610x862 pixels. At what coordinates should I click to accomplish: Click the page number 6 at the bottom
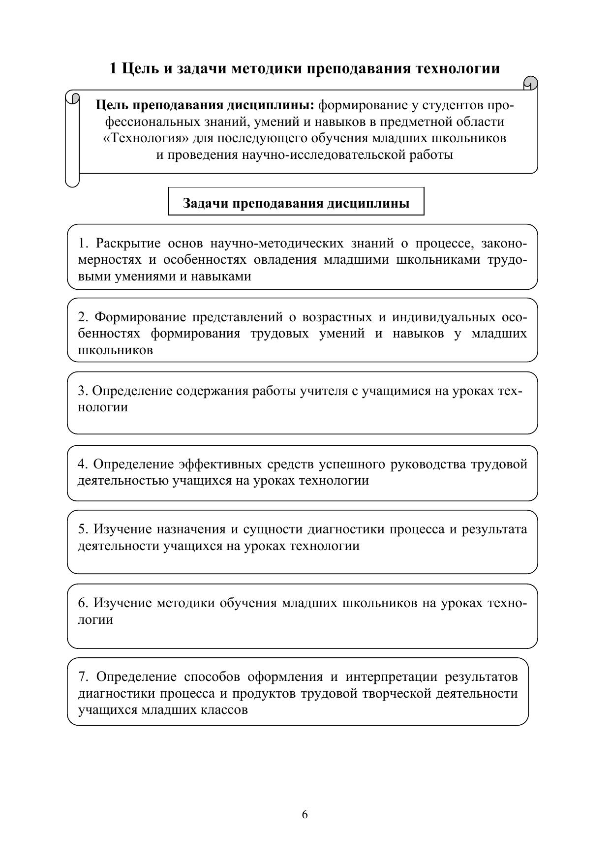(x=305, y=814)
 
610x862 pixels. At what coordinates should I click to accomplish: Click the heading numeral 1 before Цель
(x=114, y=68)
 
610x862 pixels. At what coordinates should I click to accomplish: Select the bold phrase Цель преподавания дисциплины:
(x=205, y=105)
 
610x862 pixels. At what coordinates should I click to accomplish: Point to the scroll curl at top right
(x=530, y=83)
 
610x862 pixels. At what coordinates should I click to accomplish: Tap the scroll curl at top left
(x=73, y=97)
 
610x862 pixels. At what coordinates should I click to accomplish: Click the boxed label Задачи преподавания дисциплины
(x=296, y=203)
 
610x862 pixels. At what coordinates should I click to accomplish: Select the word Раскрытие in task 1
(x=128, y=244)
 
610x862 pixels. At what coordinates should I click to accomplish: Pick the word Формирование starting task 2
(x=140, y=317)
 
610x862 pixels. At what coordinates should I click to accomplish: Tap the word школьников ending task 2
(x=115, y=350)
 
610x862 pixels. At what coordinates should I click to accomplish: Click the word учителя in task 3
(x=323, y=391)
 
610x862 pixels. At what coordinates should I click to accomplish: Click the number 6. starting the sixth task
(x=83, y=603)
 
